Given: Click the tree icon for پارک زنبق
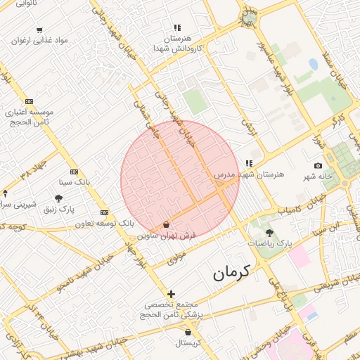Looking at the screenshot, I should [x=58, y=199].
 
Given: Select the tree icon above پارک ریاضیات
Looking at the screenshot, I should [x=269, y=232].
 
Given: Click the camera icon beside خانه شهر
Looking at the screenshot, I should [x=318, y=165].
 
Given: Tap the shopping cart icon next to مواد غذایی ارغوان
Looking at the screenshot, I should [x=39, y=30].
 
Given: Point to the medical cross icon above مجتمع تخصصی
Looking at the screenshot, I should [x=171, y=294].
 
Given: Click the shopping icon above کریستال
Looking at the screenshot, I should [x=188, y=333].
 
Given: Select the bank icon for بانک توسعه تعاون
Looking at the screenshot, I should [x=105, y=212].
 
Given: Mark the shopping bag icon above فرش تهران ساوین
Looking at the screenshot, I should [x=166, y=225].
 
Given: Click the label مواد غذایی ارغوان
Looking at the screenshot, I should [x=39, y=41].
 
